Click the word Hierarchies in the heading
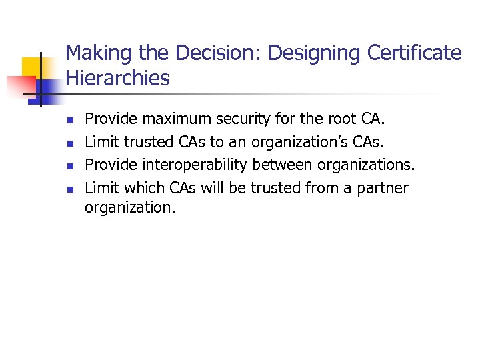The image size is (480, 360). (x=118, y=79)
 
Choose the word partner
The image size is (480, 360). (x=383, y=188)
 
